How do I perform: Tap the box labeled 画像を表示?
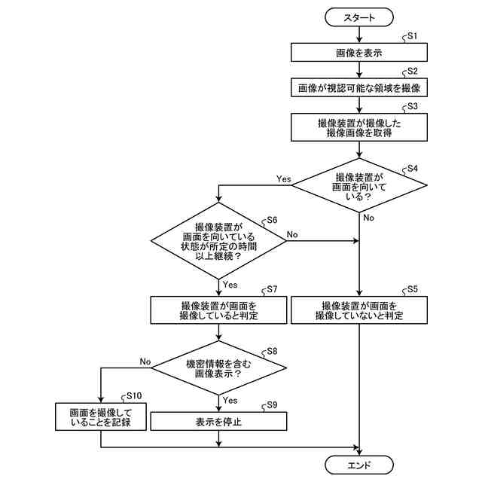[x=359, y=52]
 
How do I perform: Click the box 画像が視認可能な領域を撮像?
[x=359, y=87]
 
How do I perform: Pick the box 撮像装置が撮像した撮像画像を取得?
[x=359, y=127]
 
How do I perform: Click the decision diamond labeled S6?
[x=219, y=241]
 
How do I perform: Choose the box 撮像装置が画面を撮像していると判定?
[x=219, y=310]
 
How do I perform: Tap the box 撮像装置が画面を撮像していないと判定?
[x=359, y=310]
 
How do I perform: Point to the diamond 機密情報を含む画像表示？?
[x=219, y=366]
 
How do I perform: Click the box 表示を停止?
[x=219, y=421]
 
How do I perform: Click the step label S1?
[x=412, y=36]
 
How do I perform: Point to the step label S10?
[x=134, y=395]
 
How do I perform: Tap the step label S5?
[x=412, y=289]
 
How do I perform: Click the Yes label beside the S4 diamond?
[x=283, y=179]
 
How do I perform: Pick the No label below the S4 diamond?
[x=368, y=218]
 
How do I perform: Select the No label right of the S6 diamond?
[x=292, y=235]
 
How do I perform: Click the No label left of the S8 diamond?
[x=145, y=361]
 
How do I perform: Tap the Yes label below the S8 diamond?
[x=230, y=400]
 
